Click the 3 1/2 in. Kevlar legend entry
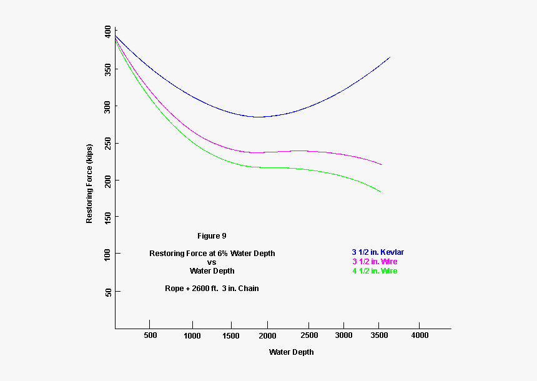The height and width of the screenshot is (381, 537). point(377,252)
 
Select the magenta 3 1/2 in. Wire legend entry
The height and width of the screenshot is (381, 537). point(375,262)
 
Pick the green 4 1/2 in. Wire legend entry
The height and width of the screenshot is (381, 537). point(375,271)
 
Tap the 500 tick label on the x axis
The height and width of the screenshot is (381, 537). point(150,335)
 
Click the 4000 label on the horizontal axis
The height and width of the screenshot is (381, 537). point(419,335)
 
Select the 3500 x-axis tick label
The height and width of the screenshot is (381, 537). point(381,335)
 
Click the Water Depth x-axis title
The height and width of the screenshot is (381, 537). point(291,352)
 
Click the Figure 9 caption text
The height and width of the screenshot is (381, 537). point(212,236)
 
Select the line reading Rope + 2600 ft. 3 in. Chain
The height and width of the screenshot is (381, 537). point(212,289)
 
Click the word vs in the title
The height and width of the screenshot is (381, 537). point(212,262)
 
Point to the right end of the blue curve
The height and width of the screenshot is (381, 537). point(390,57)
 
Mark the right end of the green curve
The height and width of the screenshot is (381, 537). point(380,192)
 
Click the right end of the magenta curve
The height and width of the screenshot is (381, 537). point(382,165)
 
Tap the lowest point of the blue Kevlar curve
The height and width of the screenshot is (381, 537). point(257,117)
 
